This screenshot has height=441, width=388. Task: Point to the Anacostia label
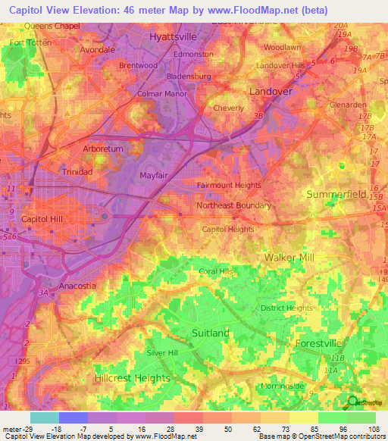(77, 286)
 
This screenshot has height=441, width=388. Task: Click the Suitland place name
(211, 333)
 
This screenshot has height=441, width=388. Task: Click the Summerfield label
(336, 195)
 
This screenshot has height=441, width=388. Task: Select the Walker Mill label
(289, 258)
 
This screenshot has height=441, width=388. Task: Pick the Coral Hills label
(216, 271)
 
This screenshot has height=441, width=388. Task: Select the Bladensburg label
(189, 77)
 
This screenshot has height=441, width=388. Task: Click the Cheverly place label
(229, 108)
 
